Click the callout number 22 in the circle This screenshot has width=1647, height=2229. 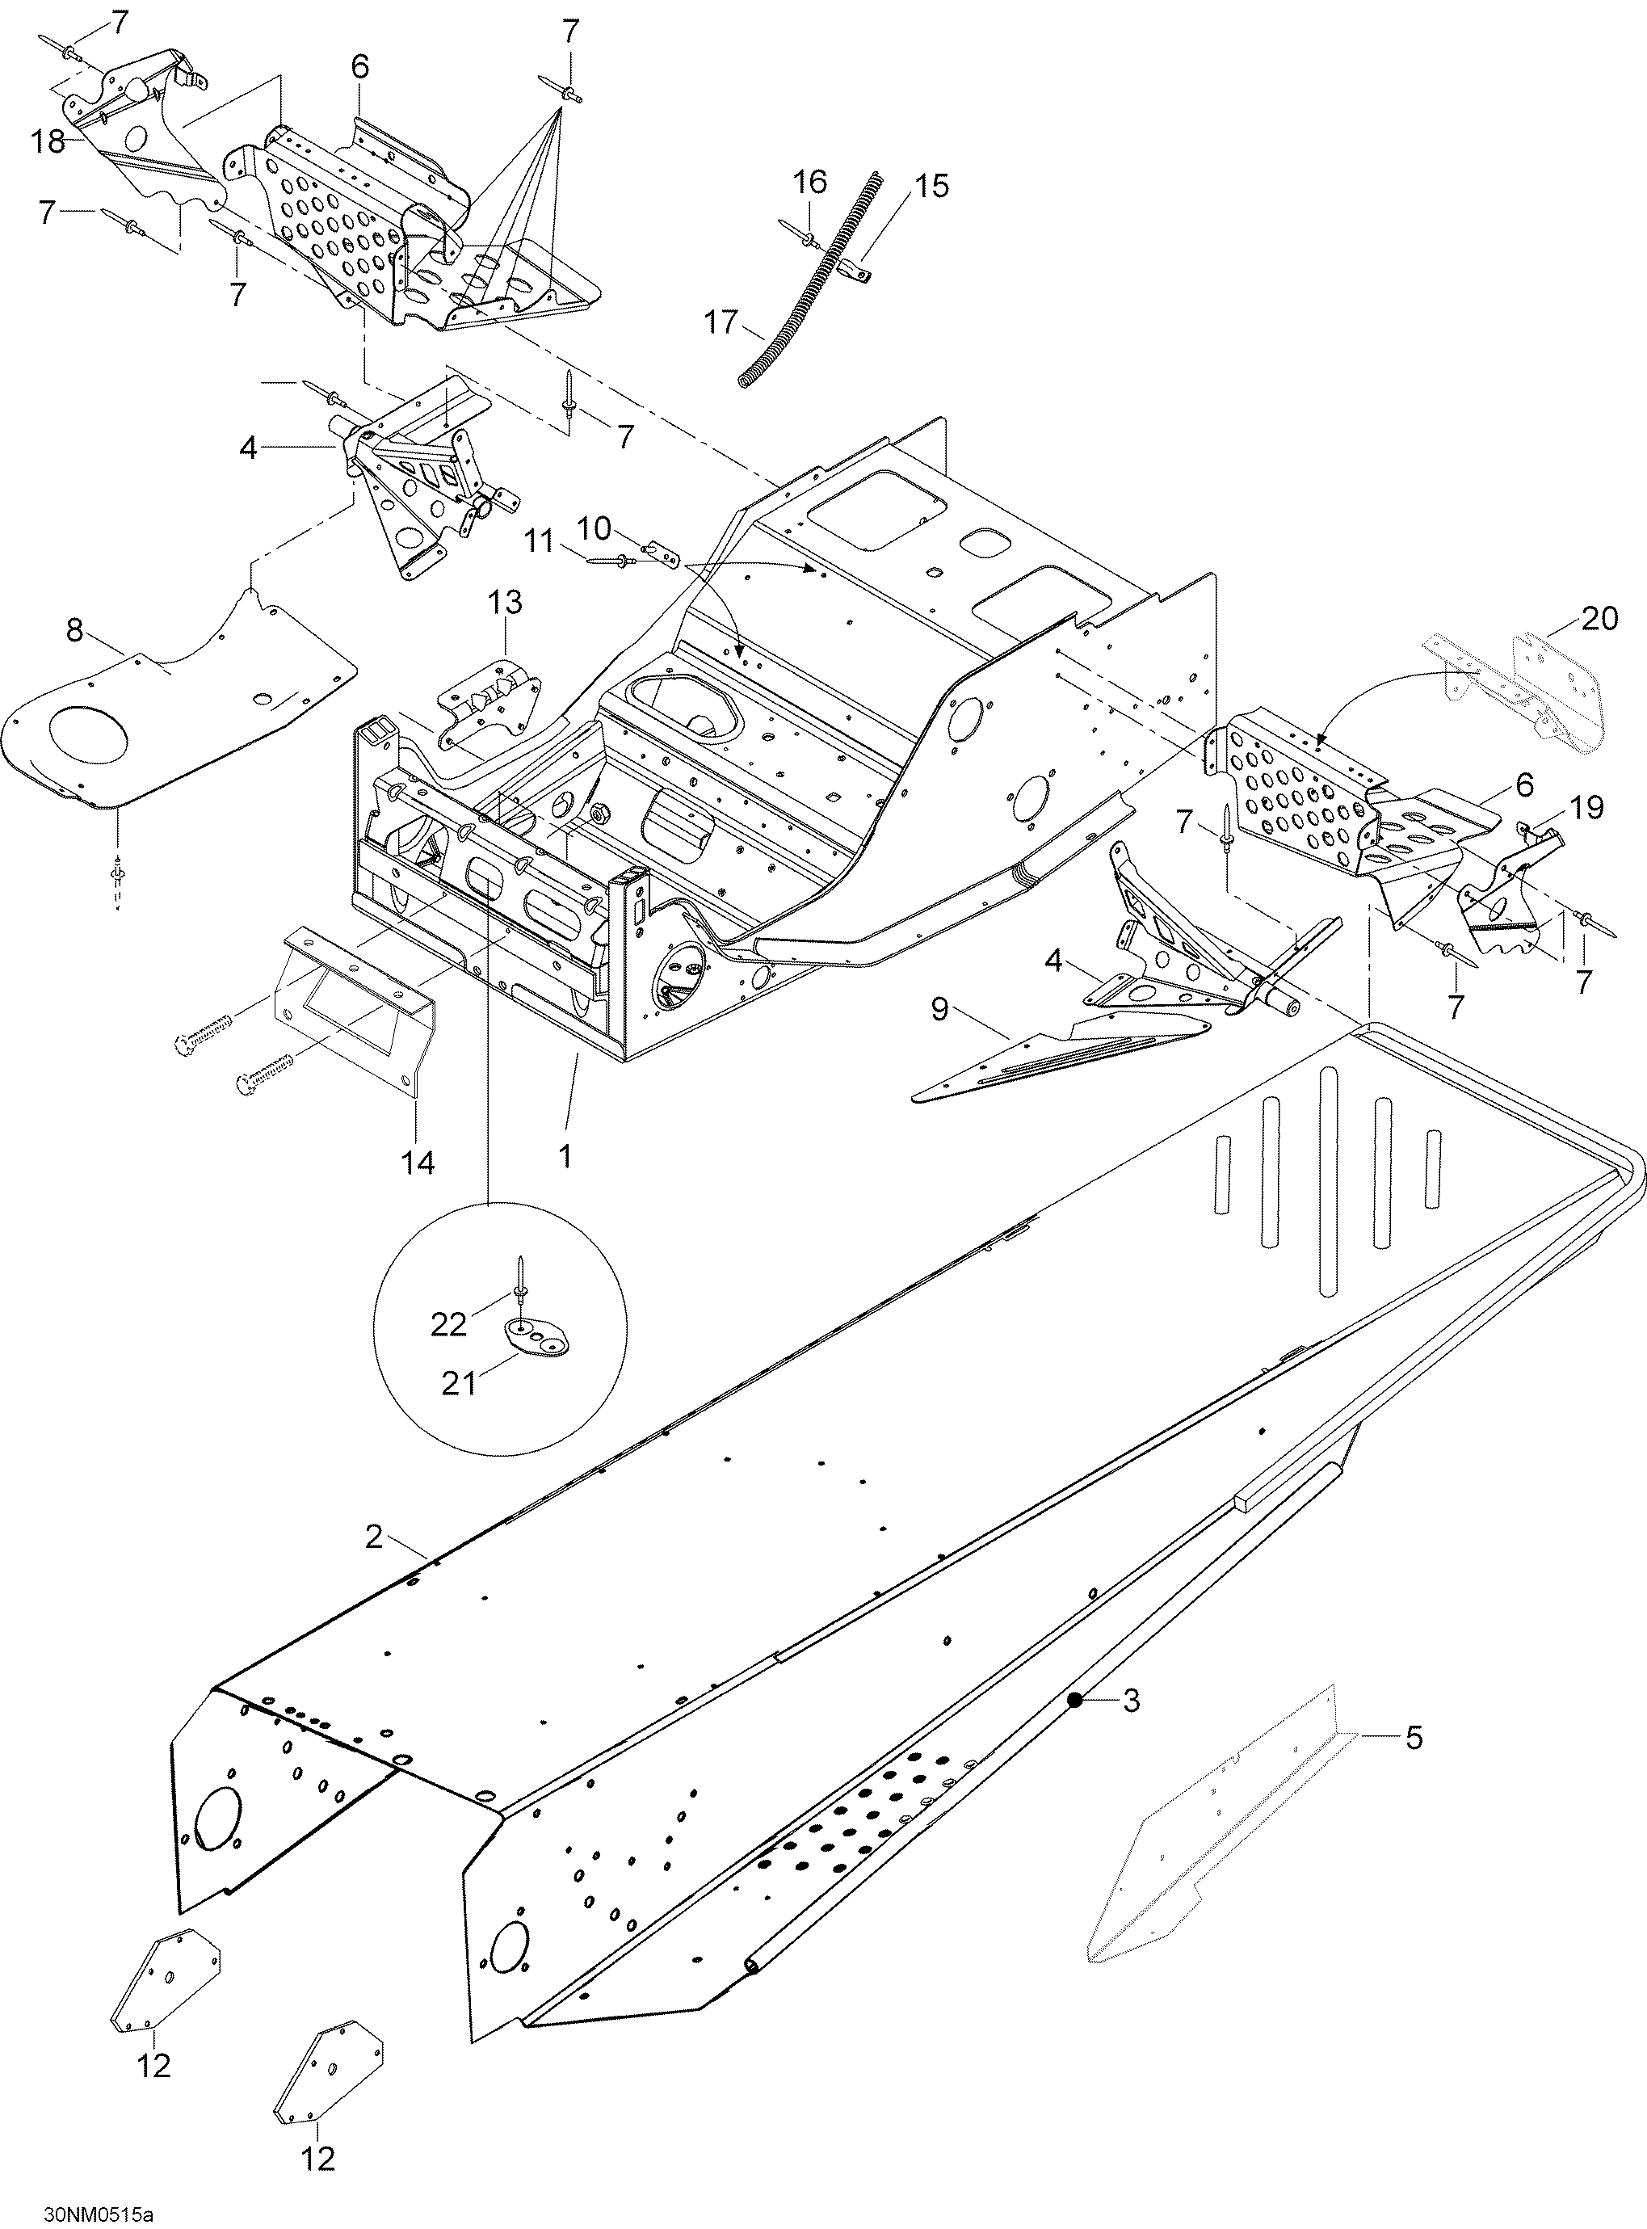click(448, 1324)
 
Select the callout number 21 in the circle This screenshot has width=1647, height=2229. click(460, 1385)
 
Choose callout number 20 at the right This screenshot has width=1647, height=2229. click(1600, 619)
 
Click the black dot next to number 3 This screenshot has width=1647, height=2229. click(1073, 1700)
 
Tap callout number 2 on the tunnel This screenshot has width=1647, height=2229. click(374, 1537)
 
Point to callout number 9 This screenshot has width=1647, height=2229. click(939, 1009)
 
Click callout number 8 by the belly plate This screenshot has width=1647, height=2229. click(75, 630)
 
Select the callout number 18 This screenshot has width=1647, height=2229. click(48, 141)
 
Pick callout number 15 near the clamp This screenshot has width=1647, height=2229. click(932, 186)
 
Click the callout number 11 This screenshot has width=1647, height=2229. click(540, 542)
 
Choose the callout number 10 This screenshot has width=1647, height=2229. click(595, 528)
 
